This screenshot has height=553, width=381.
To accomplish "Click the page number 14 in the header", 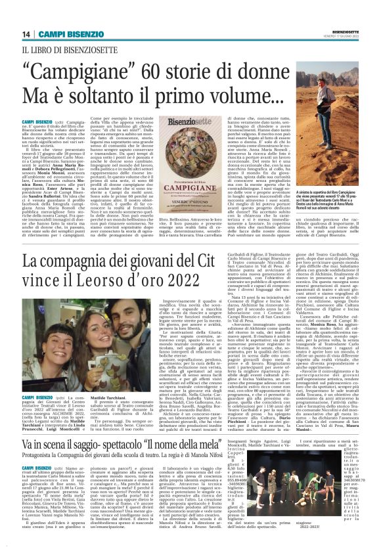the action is [x=26, y=34].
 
